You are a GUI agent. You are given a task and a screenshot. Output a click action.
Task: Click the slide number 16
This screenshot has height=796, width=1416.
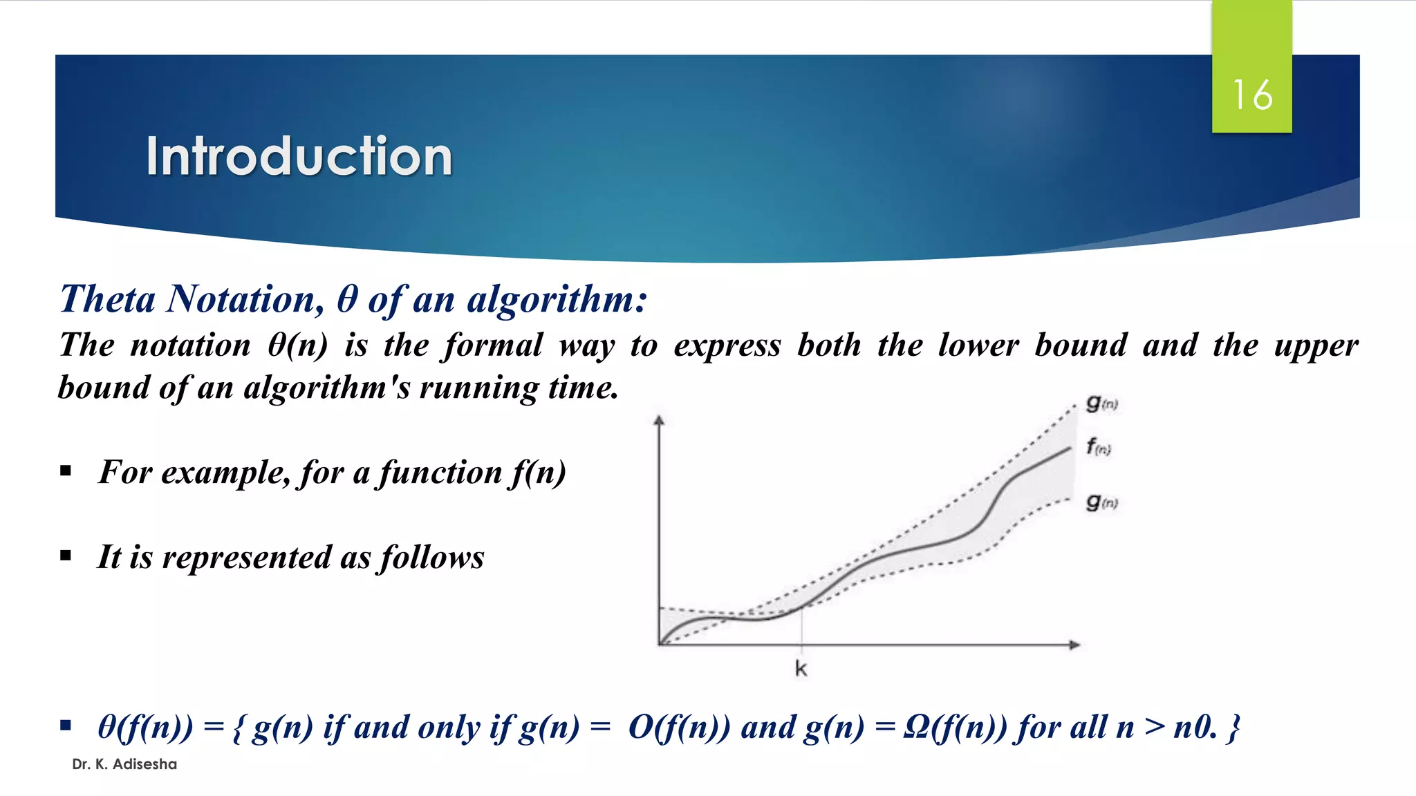1251,95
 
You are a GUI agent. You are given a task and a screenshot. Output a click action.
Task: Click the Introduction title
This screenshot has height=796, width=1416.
299,156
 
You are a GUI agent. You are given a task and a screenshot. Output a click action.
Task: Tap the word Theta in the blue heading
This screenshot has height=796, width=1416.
107,299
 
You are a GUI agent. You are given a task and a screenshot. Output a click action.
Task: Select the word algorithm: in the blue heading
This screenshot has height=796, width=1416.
557,299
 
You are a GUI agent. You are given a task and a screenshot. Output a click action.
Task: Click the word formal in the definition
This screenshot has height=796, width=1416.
493,345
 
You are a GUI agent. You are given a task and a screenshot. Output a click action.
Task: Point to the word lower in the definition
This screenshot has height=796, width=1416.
978,345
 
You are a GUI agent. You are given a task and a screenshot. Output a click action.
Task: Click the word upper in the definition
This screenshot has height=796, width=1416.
1316,345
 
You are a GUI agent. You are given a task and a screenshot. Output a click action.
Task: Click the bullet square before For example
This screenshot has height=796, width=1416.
66,471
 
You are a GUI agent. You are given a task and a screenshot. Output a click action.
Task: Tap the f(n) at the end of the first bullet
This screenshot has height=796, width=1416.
539,473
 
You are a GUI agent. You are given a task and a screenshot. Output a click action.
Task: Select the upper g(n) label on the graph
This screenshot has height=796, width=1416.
1101,403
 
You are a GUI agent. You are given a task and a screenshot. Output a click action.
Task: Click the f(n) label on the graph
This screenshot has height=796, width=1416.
1098,447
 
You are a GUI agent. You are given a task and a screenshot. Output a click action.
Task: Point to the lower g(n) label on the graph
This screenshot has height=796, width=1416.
1101,502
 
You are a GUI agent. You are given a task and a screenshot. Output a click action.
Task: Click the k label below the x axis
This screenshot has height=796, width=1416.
801,668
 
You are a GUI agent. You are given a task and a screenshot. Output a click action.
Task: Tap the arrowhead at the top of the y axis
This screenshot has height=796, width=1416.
659,419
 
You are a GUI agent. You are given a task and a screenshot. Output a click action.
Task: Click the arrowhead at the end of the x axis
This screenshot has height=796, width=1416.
1074,645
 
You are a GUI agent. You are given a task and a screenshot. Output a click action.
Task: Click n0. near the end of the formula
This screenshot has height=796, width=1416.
1195,727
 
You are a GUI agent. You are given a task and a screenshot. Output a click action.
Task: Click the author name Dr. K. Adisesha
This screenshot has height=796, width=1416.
124,764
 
